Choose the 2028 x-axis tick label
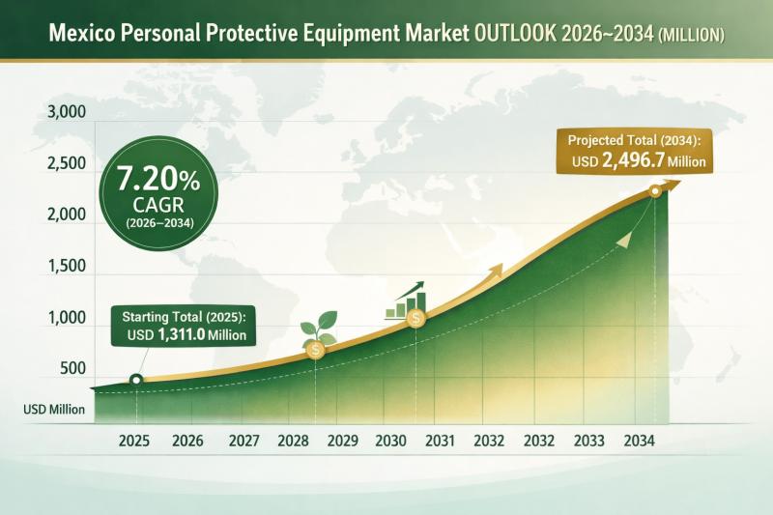coord(292,441)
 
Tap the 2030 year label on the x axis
coord(390,441)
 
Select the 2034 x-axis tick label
coord(640,441)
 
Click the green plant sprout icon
coord(314,329)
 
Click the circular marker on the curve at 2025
coord(136,380)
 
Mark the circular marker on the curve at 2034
coord(655,191)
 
